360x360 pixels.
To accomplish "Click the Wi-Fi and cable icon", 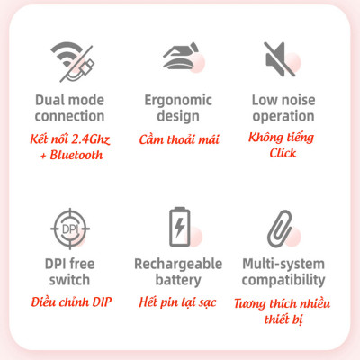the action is click(73, 62).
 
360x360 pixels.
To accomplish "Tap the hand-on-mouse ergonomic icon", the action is click(181, 56).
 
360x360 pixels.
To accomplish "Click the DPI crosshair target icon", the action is click(70, 229).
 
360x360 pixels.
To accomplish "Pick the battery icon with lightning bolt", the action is click(180, 227).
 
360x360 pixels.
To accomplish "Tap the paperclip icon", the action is click(280, 229).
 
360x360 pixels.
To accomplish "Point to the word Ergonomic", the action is click(178, 101).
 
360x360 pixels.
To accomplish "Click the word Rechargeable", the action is click(178, 265).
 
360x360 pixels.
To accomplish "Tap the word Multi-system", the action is click(283, 265).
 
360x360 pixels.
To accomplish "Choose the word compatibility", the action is click(283, 280).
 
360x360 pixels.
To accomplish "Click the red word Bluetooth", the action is click(76, 155).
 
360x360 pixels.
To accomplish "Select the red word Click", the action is click(283, 153).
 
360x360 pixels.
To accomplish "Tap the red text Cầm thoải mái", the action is click(179, 139).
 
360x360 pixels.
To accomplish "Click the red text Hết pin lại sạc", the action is click(177, 302).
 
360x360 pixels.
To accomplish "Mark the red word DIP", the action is click(102, 301).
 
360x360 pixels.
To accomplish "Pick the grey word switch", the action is click(69, 280).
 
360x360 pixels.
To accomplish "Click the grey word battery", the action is click(178, 281).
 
